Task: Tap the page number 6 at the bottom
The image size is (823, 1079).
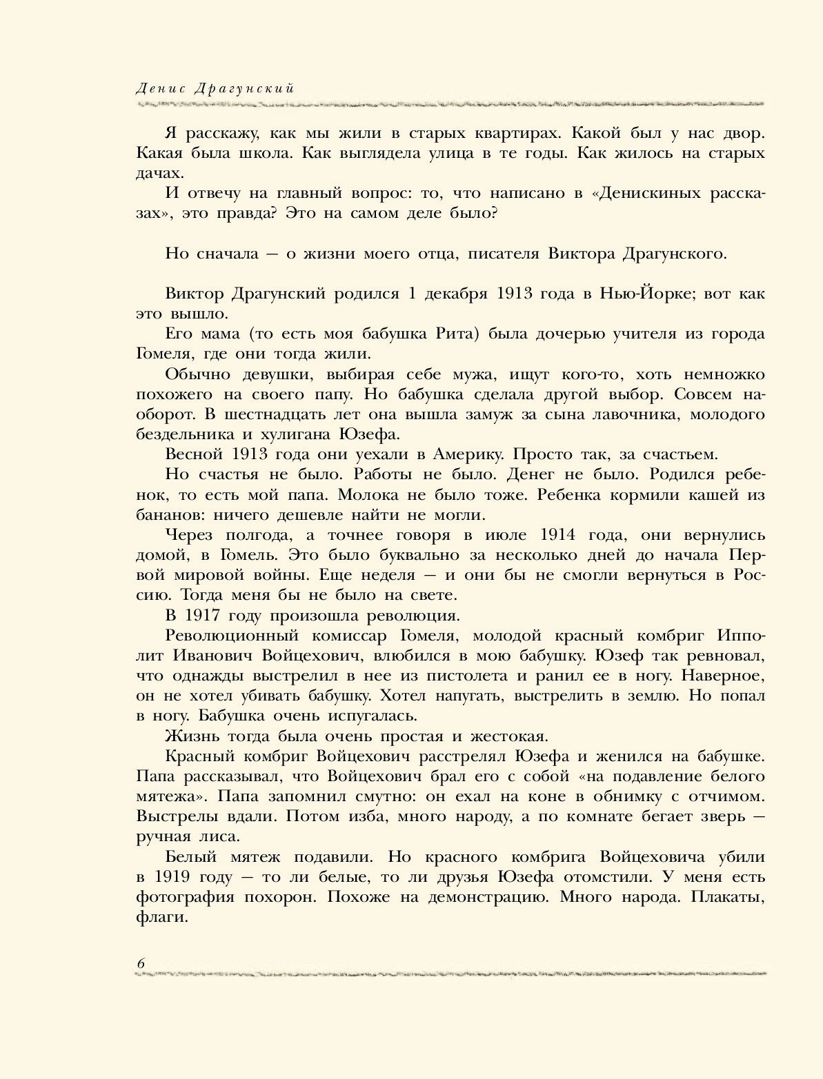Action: pyautogui.click(x=141, y=964)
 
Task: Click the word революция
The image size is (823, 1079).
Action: pyautogui.click(x=413, y=616)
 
